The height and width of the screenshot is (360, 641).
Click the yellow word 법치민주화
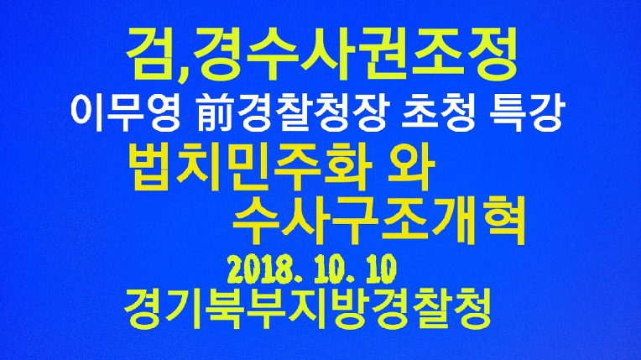250,169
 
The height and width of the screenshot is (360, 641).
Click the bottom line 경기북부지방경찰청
307,310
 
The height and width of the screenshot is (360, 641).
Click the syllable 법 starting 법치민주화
151,170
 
